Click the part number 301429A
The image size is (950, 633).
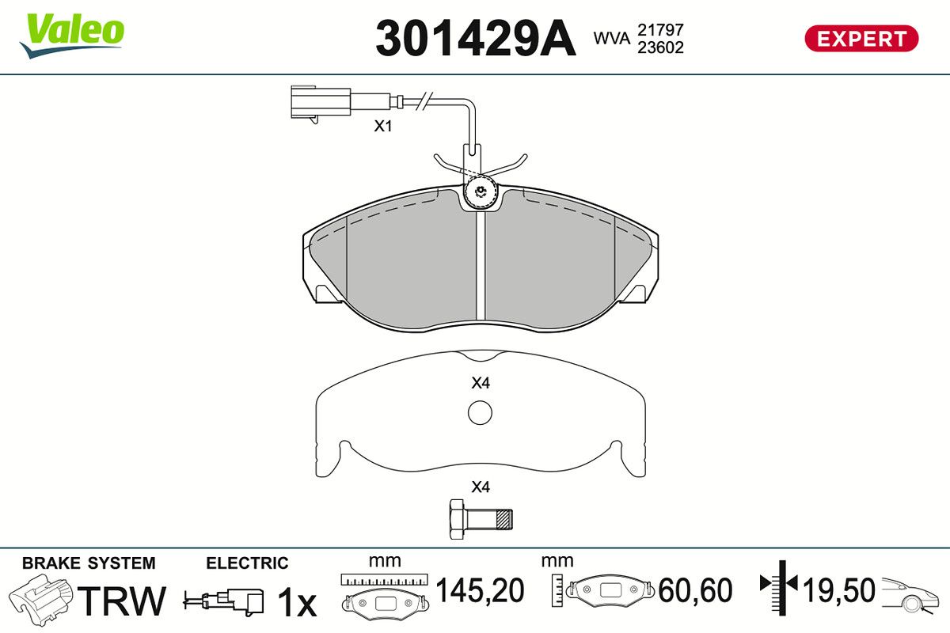[x=476, y=38]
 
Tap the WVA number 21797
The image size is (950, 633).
[x=660, y=30]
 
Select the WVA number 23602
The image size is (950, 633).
[x=660, y=47]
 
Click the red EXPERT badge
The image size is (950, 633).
[x=861, y=39]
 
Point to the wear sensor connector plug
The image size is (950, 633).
[x=320, y=103]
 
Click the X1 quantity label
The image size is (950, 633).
[x=382, y=126]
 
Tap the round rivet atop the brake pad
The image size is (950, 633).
[x=480, y=192]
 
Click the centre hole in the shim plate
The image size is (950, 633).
[x=480, y=412]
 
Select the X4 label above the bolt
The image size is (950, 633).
[x=481, y=487]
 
